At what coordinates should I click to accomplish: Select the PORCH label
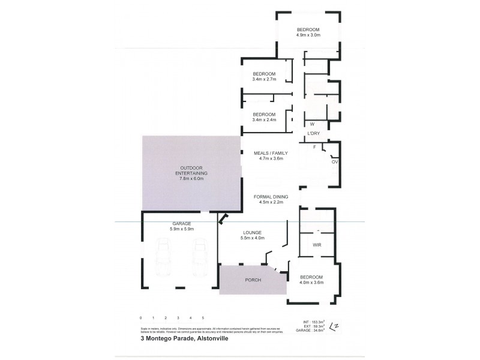coord(253,280)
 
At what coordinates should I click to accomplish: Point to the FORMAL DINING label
coord(271,196)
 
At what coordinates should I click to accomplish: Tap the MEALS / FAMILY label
coord(268,152)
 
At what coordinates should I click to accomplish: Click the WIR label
coord(317,245)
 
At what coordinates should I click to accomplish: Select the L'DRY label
coord(313,133)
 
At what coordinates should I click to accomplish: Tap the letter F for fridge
coord(314,146)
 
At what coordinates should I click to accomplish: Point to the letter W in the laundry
coord(312,124)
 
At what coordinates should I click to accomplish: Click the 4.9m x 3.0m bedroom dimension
coord(308,35)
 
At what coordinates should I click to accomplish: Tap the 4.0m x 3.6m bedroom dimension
coord(311,283)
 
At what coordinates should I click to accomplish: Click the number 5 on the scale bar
coord(203,317)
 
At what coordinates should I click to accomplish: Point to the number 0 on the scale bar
coord(140,317)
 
